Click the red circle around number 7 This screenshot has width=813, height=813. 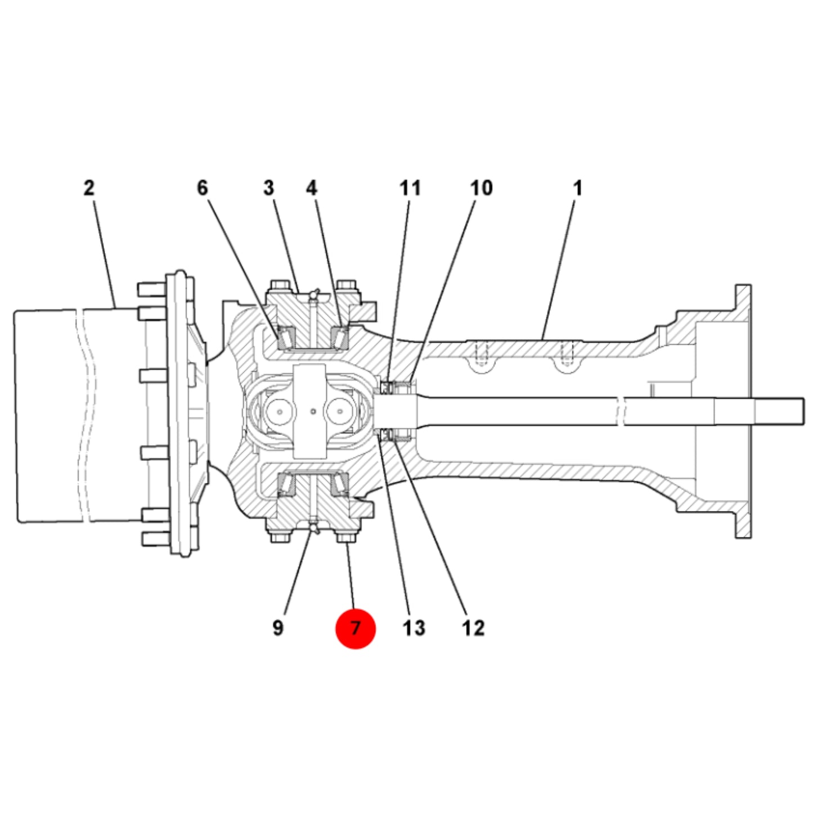tap(355, 628)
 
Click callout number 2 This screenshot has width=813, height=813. tap(89, 188)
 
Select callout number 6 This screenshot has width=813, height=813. tap(203, 188)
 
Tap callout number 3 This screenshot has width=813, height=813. tap(268, 188)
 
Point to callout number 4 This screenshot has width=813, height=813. tap(312, 188)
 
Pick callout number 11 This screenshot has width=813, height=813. tap(411, 188)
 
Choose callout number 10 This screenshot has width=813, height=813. tap(481, 188)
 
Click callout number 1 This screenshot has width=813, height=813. tap(578, 188)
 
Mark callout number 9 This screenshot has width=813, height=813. tap(278, 628)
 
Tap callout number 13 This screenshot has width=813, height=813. tap(414, 628)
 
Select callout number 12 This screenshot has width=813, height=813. tap(473, 628)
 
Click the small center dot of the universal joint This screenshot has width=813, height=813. tap(313, 411)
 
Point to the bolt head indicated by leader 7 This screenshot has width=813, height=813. tap(346, 537)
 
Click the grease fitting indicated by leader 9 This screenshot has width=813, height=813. tap(313, 527)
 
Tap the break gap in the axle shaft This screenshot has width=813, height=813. tap(621, 411)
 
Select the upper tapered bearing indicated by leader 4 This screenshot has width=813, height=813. tap(340, 337)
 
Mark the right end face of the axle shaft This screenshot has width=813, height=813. tap(803, 411)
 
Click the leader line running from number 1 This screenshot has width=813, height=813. tap(559, 269)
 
